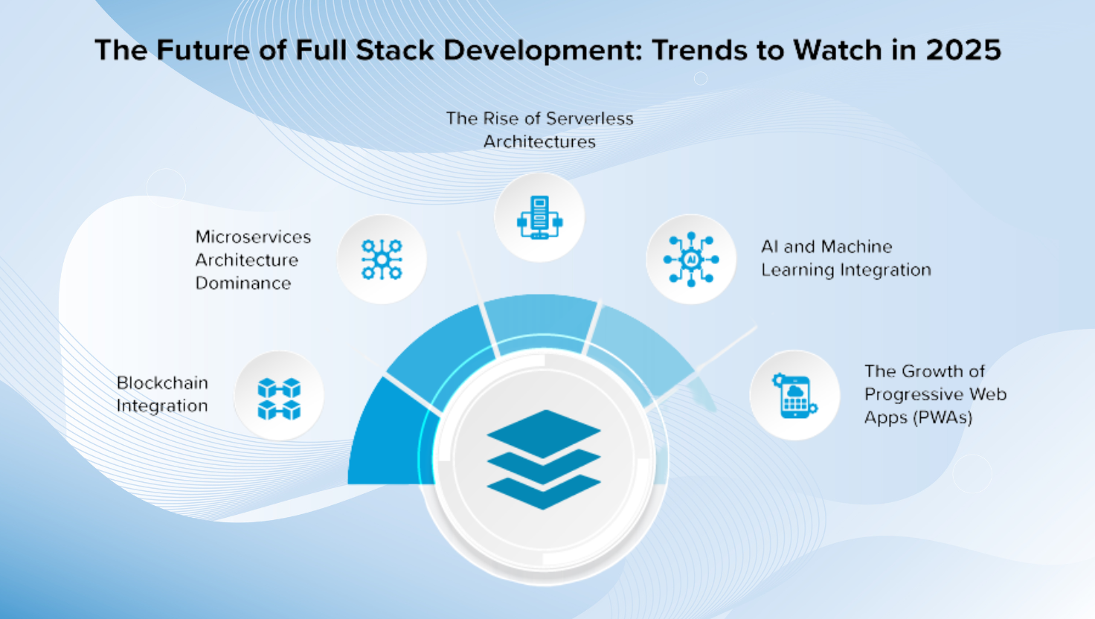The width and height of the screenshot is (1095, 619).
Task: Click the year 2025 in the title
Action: pyautogui.click(x=963, y=51)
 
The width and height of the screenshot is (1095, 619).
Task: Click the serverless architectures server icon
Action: pyautogui.click(x=539, y=217)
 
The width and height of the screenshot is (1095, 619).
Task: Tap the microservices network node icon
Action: pyautogui.click(x=382, y=260)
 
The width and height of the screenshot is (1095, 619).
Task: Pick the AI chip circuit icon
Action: pyautogui.click(x=691, y=260)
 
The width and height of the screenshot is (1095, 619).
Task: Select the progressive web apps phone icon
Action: pyautogui.click(x=794, y=396)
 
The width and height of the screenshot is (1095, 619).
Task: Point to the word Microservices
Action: pyautogui.click(x=253, y=237)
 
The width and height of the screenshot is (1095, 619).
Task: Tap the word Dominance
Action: pyautogui.click(x=243, y=283)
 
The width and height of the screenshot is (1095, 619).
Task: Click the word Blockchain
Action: pyautogui.click(x=162, y=383)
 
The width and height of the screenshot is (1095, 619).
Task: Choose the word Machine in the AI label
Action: pyautogui.click(x=857, y=247)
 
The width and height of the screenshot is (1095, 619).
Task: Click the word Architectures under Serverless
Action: pyautogui.click(x=539, y=142)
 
